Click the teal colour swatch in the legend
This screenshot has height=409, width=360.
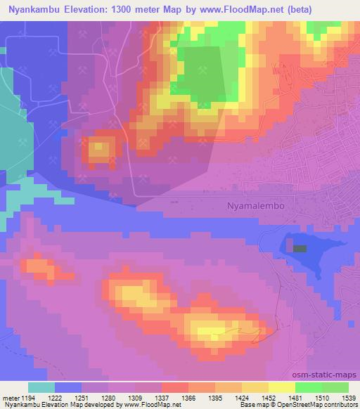coord(41,387)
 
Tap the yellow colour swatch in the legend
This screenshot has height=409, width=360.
coord(282,387)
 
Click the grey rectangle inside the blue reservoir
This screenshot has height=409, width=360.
coord(300,248)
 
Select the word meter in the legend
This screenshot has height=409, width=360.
coord(10,398)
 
